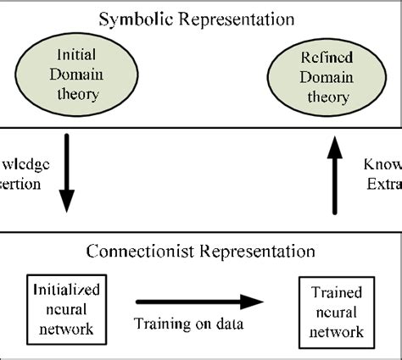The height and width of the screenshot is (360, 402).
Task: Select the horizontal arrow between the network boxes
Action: click(202, 301)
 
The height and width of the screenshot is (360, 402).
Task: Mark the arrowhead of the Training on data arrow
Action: click(255, 301)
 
